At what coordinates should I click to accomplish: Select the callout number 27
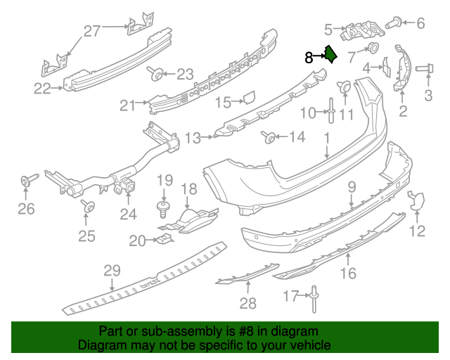(93, 30)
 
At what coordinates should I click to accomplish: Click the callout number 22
(42, 89)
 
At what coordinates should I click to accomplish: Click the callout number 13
(193, 136)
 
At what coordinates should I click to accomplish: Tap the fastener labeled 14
(268, 136)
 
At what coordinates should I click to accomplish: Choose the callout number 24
(127, 214)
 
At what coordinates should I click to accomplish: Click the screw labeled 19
(162, 206)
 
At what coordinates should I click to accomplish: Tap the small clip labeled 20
(163, 240)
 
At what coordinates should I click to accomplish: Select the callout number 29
(112, 270)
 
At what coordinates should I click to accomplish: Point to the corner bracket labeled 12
(416, 202)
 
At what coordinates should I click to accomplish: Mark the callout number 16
(349, 272)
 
